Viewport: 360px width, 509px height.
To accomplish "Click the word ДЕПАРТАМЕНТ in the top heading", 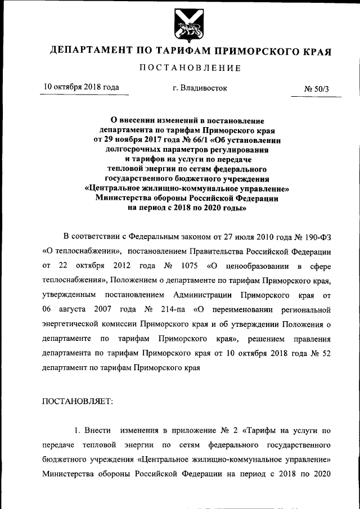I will pyautogui.click(x=89, y=51).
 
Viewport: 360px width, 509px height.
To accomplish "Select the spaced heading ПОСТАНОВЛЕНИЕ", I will pyautogui.click(x=190, y=68).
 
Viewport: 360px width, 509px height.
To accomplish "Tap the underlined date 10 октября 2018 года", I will pyautogui.click(x=81, y=87).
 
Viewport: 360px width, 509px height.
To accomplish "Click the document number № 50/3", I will pyautogui.click(x=316, y=88).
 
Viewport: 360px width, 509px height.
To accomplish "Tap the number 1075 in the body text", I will pyautogui.click(x=189, y=265).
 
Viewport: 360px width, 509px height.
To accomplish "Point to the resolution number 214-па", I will pyautogui.click(x=173, y=309).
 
